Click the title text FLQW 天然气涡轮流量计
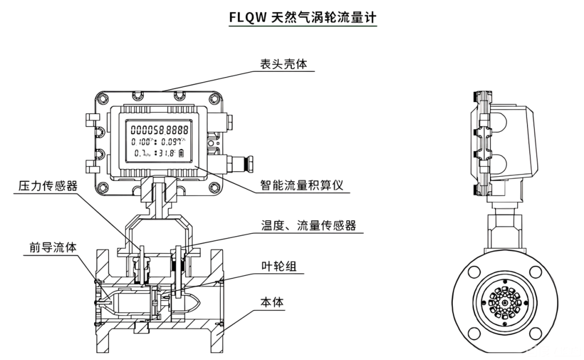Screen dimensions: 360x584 302,18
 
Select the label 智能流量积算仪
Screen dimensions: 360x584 304,186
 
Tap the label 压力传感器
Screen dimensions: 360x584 48,187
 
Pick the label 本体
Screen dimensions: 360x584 272,301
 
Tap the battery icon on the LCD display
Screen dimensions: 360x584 182,153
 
